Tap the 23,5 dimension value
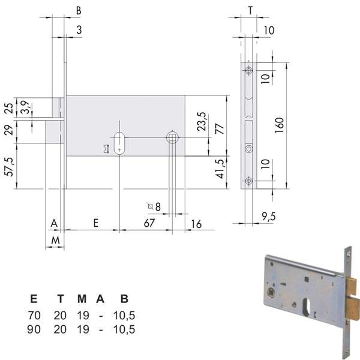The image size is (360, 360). point(202,122)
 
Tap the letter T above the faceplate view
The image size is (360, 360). point(250,10)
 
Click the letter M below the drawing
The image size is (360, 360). point(55,240)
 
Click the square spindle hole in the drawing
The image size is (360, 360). point(172,137)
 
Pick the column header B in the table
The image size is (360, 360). point(124,299)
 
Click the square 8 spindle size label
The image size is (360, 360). point(155,206)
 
